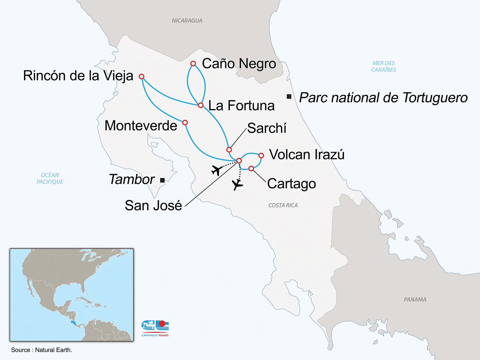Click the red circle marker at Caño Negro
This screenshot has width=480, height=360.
(193, 64)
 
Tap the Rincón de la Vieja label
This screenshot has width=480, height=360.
(78, 76)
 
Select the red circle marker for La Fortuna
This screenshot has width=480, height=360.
(201, 105)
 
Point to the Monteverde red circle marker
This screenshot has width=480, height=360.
(185, 123)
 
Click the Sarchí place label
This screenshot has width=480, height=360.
(267, 128)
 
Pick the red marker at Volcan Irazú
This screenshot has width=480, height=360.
(261, 156)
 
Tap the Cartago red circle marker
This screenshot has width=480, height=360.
(251, 169)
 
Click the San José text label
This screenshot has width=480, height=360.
(153, 205)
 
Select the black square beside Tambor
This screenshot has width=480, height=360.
(162, 180)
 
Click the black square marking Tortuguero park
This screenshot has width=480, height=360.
(289, 96)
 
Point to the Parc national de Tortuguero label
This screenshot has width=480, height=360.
(383, 98)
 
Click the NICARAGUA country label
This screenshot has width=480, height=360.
(187, 20)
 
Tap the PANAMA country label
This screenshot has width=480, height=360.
(415, 300)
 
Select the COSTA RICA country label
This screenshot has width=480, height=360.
(283, 205)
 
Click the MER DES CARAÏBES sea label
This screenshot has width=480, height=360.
(383, 66)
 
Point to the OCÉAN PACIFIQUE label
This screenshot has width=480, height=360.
(50, 178)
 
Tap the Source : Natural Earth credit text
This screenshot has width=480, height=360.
(42, 350)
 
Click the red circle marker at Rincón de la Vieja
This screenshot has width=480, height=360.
(141, 76)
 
